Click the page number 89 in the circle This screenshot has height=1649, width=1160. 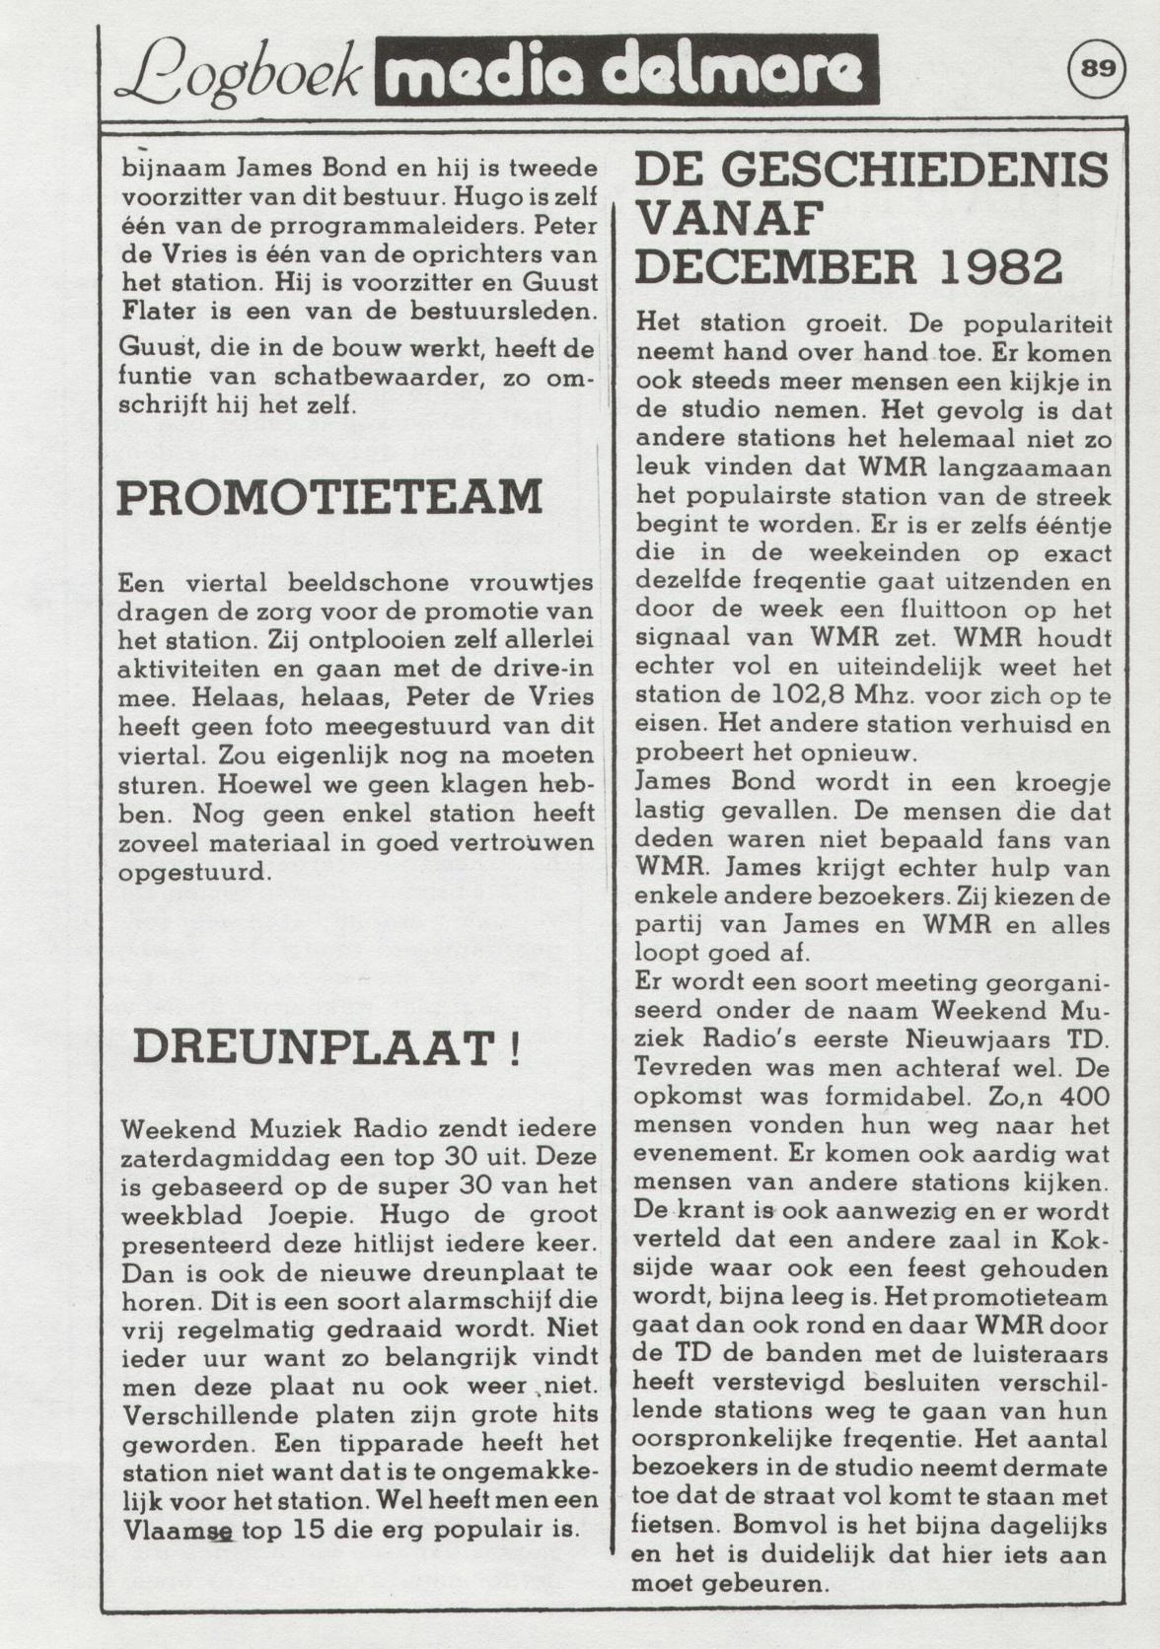coord(1096,69)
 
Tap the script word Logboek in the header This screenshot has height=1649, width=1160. coord(240,72)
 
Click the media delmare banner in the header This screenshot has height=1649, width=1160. coord(625,70)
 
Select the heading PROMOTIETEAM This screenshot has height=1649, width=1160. coord(329,497)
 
